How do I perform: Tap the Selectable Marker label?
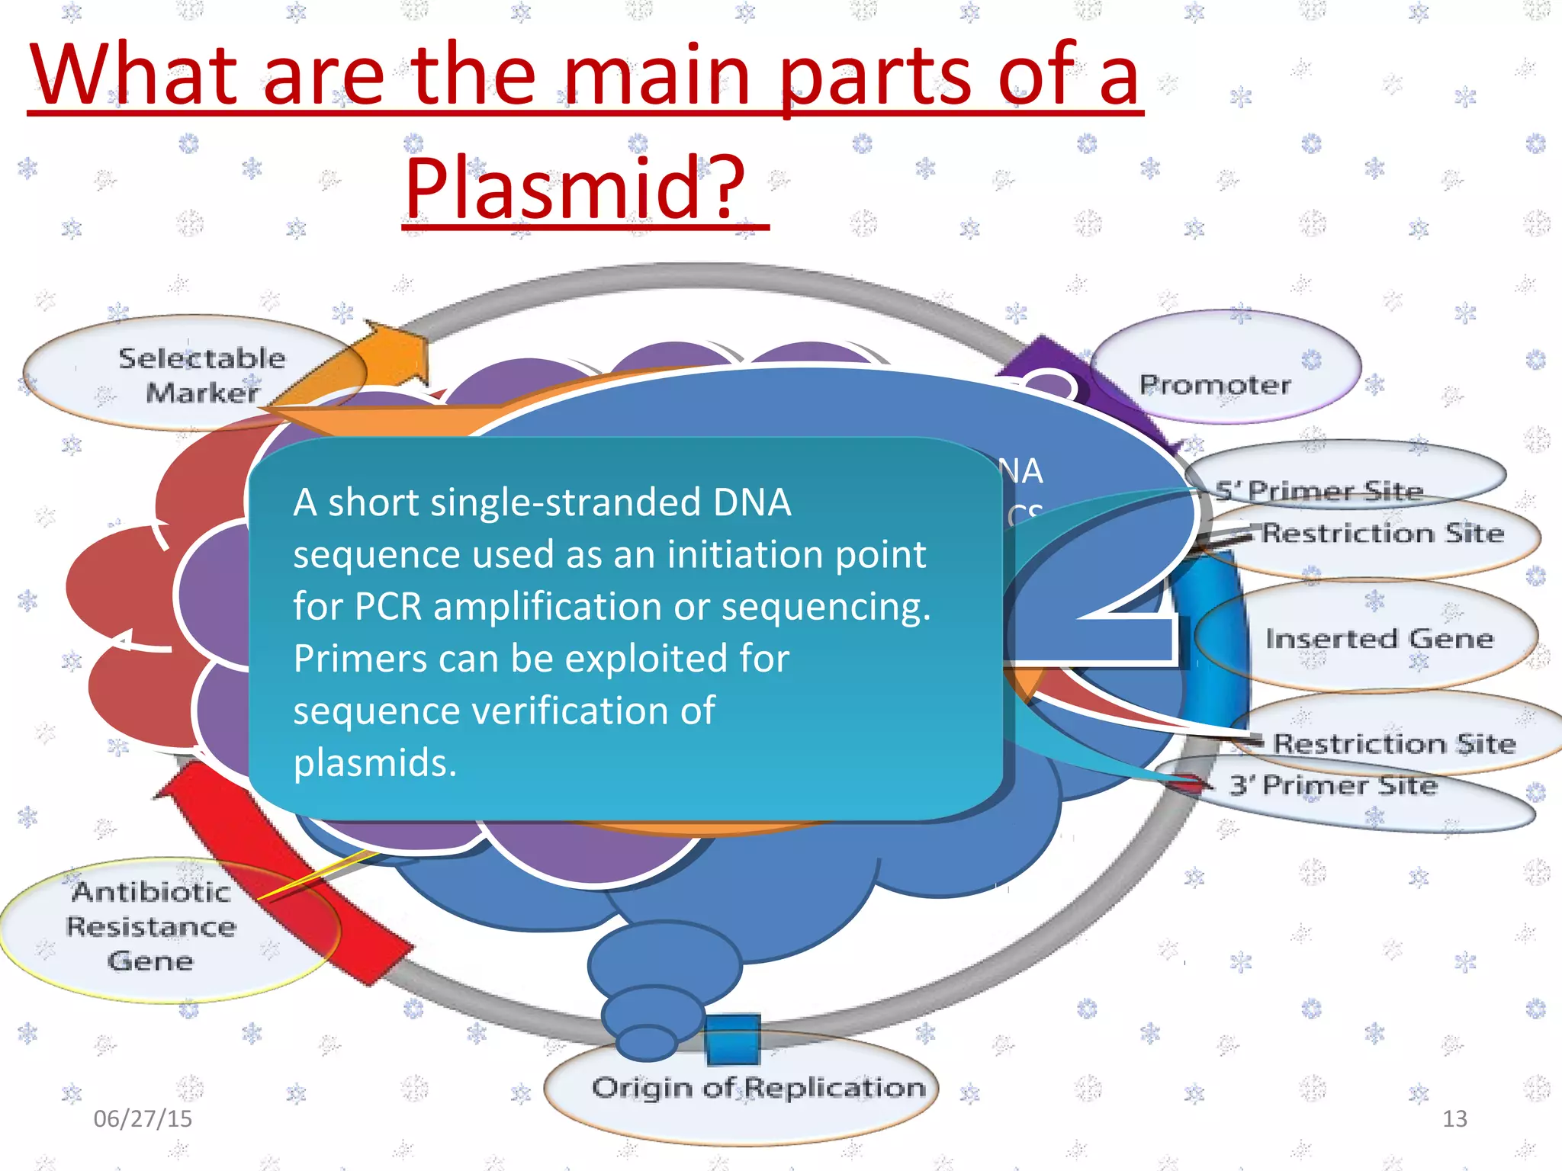(202, 375)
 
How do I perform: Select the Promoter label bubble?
(1216, 384)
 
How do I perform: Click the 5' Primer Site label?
(1319, 490)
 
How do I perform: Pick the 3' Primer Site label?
(1333, 785)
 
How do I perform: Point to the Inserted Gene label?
(1379, 638)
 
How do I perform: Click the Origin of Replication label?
(758, 1088)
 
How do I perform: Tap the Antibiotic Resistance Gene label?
(151, 926)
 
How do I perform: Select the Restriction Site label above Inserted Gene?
(1383, 533)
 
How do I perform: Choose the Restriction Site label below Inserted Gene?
(1394, 743)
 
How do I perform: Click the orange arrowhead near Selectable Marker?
(397, 355)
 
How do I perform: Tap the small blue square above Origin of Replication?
(733, 1038)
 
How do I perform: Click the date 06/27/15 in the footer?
(143, 1118)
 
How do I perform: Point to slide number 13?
(1454, 1118)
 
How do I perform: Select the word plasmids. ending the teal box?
(375, 762)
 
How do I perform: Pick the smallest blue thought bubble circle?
(647, 1043)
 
